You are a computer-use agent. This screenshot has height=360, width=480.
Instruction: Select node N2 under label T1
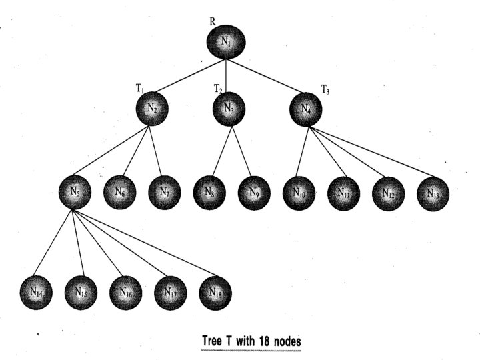153,108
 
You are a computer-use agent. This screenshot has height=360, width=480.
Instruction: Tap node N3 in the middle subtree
229,108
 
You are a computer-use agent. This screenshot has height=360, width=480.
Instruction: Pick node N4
306,108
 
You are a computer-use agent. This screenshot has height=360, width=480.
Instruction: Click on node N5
75,192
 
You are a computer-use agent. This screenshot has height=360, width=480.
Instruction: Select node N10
298,193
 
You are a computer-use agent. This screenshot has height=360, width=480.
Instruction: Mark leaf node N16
125,291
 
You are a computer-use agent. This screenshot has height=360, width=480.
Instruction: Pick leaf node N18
215,291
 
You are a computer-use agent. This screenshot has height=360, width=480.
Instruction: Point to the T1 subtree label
140,87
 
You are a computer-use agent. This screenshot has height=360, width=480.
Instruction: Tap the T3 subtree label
326,89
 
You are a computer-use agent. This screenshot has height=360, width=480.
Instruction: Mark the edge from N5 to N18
147,243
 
